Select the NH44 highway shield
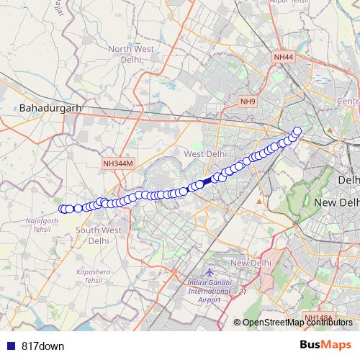coord(283,57)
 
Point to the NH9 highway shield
coord(248,102)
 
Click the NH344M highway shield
coord(118,164)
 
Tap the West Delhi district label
coord(205,154)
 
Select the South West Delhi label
coord(103,235)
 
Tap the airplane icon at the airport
coord(210,274)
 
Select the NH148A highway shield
coord(318,318)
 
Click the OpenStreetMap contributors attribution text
coord(297,323)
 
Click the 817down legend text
coord(42,346)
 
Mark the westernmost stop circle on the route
coord(63,209)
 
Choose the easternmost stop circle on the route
coord(297,131)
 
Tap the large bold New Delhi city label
coord(337,204)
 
